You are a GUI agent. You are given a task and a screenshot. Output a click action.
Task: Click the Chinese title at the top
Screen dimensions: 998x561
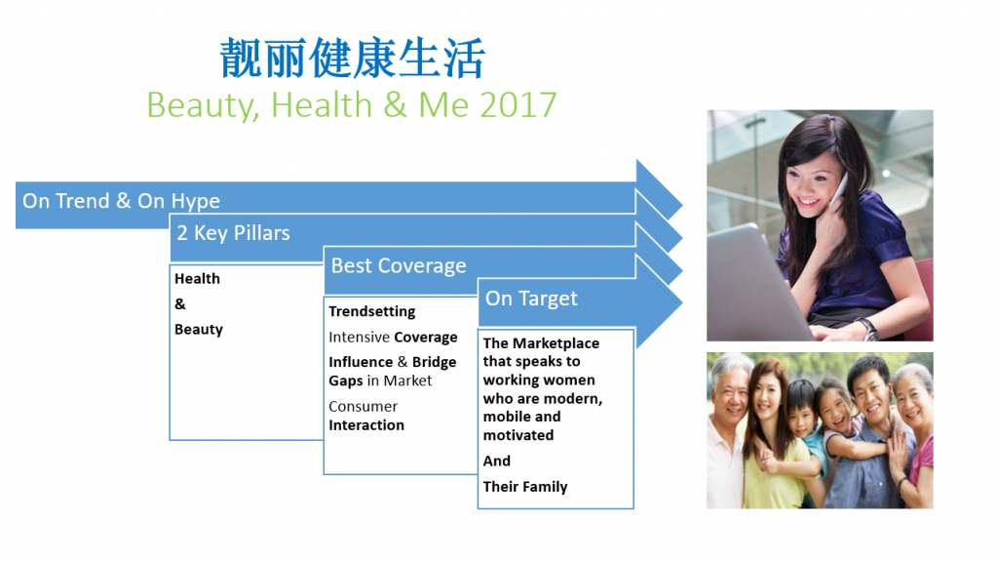352,58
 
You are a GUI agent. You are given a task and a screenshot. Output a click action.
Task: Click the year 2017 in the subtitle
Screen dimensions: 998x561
518,104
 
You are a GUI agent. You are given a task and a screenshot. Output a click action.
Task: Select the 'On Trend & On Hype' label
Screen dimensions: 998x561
121,201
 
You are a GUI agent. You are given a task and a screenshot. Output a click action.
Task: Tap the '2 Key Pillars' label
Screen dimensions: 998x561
233,232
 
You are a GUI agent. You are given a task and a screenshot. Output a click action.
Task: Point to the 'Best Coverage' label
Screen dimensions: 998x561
399,265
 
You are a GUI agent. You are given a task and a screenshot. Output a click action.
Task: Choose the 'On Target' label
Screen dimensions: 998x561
531,299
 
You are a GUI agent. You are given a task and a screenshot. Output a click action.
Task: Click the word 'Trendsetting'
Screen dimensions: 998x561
371,312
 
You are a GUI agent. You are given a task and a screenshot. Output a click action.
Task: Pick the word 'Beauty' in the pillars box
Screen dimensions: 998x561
199,330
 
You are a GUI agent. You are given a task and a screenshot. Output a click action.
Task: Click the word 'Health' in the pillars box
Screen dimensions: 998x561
197,279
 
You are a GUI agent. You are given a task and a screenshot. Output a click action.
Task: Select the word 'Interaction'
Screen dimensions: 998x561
366,425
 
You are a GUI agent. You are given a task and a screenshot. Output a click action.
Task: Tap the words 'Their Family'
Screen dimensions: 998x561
525,487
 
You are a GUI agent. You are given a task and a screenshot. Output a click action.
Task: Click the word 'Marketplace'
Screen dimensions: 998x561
556,343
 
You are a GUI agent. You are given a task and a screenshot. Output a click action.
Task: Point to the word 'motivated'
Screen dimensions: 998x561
518,435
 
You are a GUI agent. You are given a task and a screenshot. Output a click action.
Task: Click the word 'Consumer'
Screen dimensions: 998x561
363,406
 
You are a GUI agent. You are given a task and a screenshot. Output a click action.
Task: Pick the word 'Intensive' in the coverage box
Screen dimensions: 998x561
359,337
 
